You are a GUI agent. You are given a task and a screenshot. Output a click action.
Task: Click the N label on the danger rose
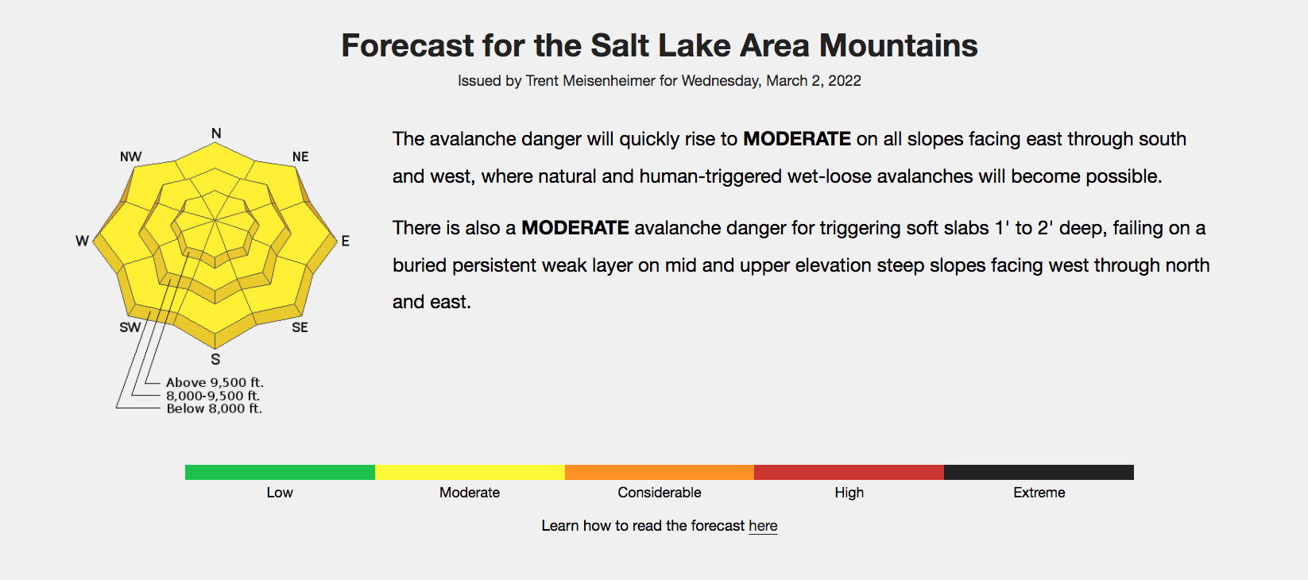(216, 133)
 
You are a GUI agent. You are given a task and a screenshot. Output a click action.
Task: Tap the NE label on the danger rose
(300, 157)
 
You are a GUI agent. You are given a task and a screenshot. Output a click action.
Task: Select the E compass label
(345, 241)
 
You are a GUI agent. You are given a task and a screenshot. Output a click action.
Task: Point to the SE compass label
(300, 327)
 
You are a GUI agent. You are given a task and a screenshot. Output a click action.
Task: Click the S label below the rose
(215, 359)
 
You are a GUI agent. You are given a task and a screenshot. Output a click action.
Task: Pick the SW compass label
(130, 327)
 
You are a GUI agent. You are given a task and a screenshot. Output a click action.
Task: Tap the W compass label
(83, 241)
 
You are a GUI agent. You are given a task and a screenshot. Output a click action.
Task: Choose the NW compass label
(131, 157)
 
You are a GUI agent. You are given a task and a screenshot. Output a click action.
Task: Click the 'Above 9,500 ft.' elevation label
(215, 383)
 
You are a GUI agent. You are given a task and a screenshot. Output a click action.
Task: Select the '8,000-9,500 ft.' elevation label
(213, 396)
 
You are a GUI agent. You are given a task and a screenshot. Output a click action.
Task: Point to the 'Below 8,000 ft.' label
(215, 408)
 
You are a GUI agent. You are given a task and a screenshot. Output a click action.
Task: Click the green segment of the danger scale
(280, 472)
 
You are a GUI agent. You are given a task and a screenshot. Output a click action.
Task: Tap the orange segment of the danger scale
(660, 472)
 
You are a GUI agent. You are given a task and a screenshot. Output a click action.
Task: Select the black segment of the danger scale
(1039, 472)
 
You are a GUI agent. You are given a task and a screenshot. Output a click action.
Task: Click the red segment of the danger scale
(849, 472)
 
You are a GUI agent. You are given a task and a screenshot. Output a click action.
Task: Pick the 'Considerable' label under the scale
(660, 493)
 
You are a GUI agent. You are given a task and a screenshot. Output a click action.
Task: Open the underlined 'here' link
(763, 526)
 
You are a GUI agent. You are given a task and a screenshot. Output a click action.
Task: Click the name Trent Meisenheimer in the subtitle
(590, 80)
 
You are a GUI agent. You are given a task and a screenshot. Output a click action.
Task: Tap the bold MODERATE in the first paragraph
(796, 139)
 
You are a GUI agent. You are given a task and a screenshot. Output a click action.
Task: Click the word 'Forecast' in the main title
(408, 45)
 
